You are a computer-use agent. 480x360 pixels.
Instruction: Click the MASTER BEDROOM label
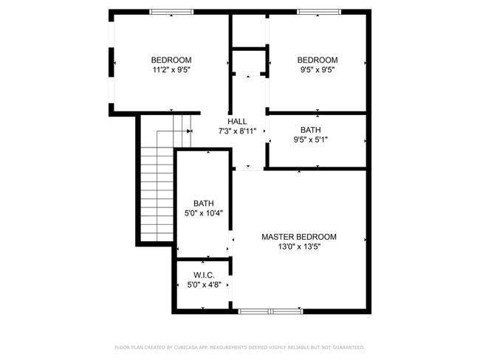click(299, 237)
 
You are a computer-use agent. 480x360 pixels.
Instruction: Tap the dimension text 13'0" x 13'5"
click(299, 246)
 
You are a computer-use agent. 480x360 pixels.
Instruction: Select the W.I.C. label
click(204, 275)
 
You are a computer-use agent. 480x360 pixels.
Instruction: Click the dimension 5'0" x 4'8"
click(204, 285)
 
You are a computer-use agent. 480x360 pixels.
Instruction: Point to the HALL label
click(237, 122)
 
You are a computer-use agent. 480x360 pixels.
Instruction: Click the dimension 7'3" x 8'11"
click(237, 131)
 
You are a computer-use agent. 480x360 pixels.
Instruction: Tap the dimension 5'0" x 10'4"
click(204, 213)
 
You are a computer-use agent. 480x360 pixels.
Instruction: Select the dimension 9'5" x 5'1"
click(310, 139)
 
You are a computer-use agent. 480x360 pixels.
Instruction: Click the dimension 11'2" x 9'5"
click(171, 69)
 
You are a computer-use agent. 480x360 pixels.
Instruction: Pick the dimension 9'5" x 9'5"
click(318, 69)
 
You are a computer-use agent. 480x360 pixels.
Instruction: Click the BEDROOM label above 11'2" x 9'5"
click(171, 60)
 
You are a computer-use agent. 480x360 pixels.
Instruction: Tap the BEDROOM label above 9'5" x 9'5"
click(318, 60)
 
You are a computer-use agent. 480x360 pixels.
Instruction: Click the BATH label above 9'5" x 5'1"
click(310, 130)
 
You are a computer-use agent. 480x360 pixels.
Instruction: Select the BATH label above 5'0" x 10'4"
click(204, 203)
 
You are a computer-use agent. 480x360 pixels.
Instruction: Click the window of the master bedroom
click(270, 311)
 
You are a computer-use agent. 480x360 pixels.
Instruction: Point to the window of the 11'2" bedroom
click(171, 12)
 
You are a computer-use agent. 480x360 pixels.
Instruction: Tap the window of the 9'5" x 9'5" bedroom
click(319, 12)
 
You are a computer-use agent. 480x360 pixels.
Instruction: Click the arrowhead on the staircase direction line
click(189, 131)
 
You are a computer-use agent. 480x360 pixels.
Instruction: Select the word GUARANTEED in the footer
click(349, 347)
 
